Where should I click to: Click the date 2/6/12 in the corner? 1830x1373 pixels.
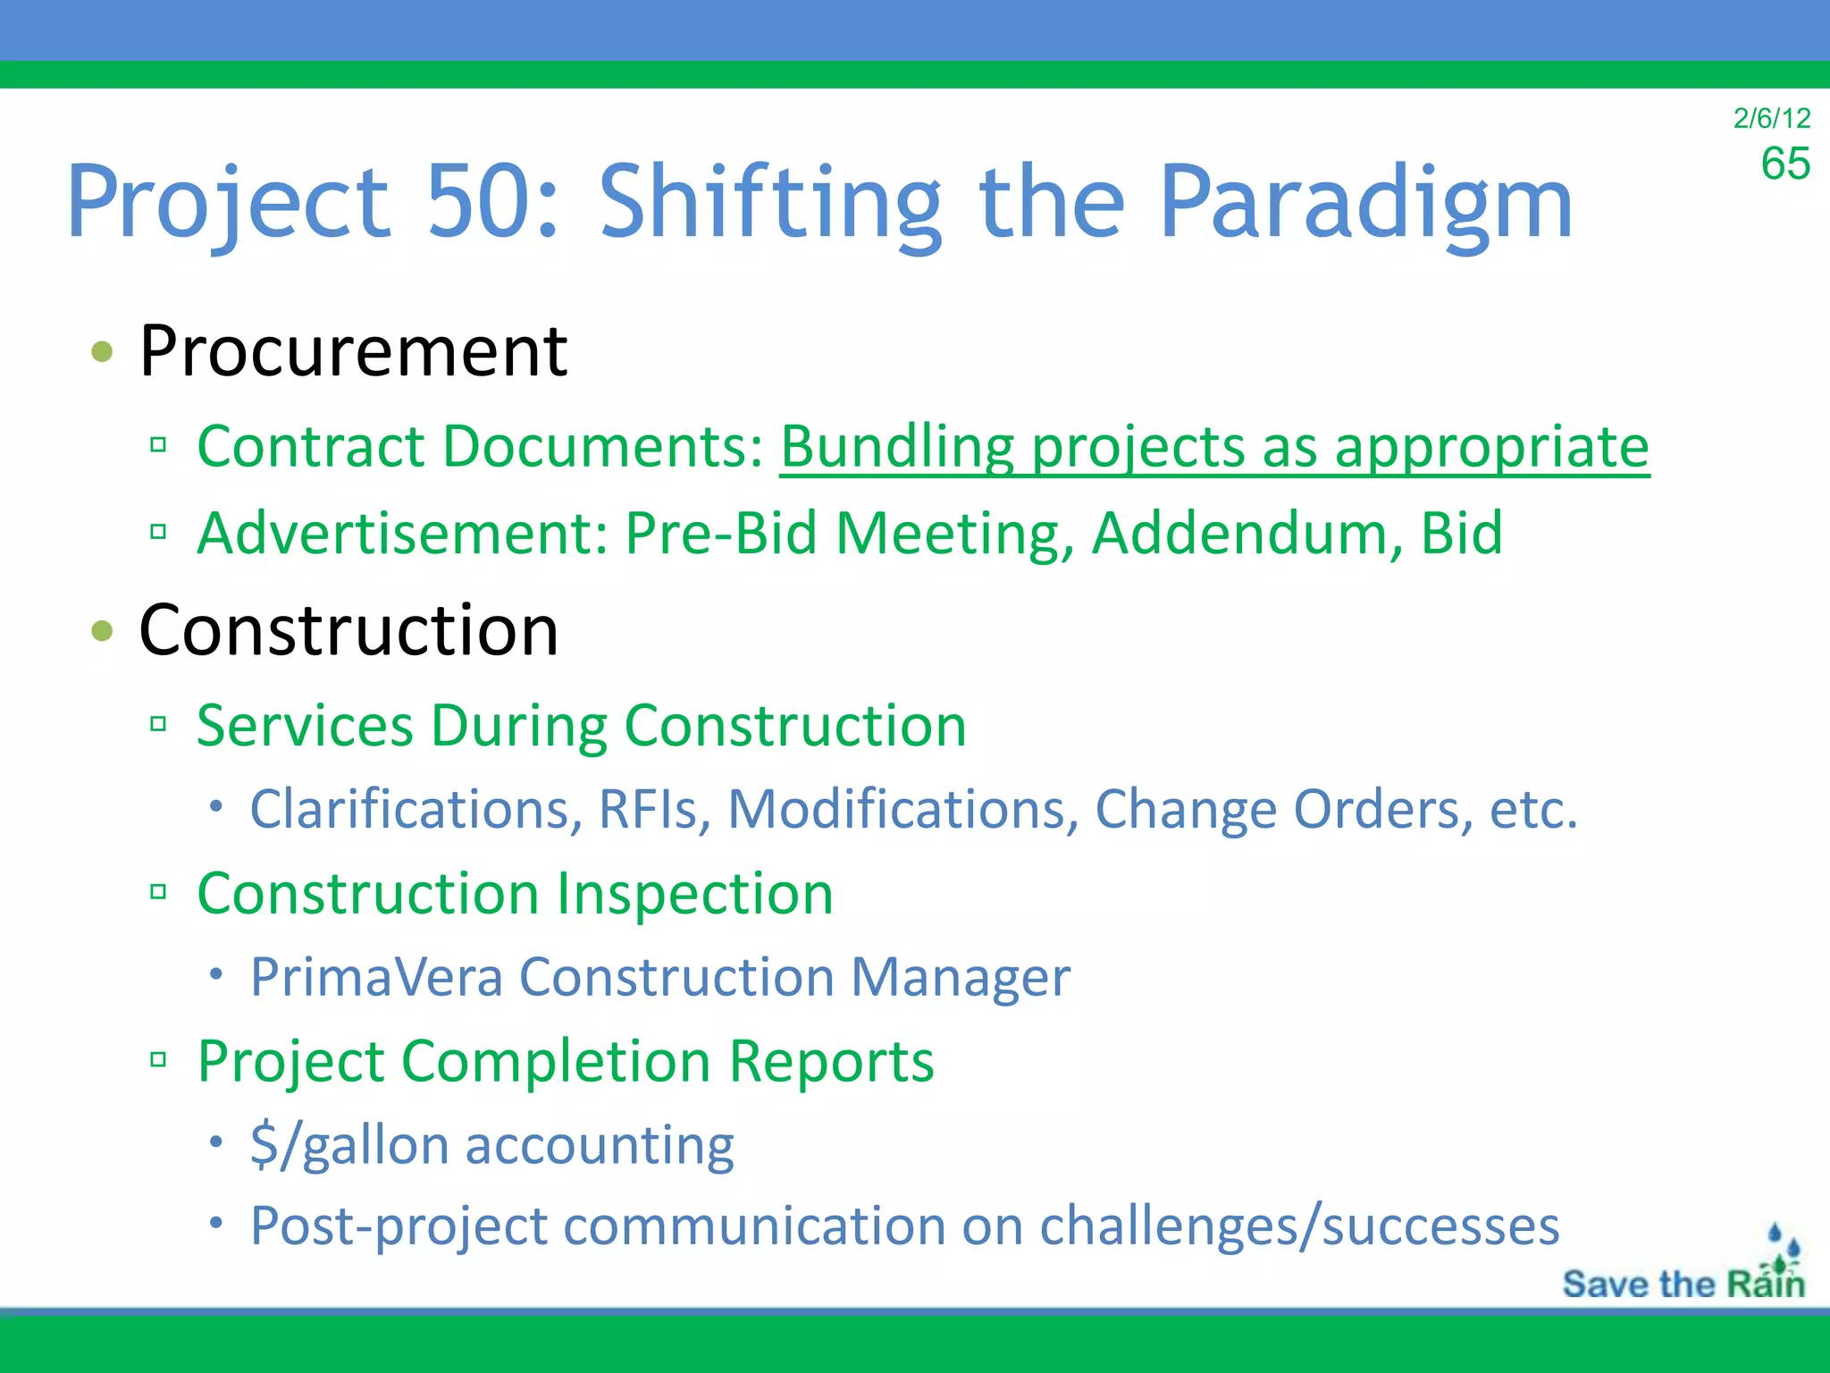click(1771, 118)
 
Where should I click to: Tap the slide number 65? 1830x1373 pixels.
click(1784, 164)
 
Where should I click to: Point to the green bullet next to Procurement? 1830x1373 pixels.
click(103, 350)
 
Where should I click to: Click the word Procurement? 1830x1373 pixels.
click(353, 350)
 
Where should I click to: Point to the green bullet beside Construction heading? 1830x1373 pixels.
click(103, 630)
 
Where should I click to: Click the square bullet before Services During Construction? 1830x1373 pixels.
click(158, 723)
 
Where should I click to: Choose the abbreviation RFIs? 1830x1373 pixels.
click(654, 809)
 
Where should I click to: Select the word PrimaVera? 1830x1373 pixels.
click(376, 976)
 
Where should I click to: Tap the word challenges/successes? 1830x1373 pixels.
click(1300, 1226)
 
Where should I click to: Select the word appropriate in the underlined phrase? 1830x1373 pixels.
click(1491, 446)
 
